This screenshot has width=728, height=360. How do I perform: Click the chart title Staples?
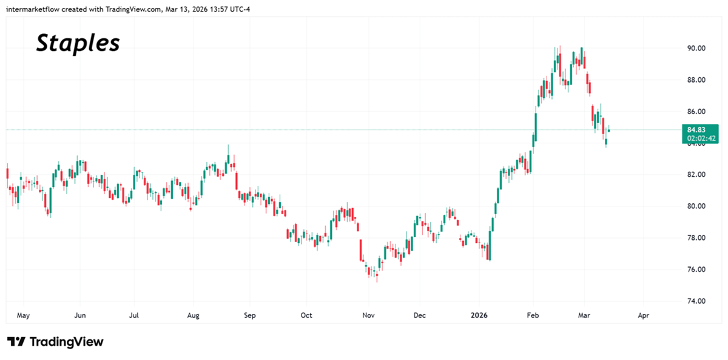78,43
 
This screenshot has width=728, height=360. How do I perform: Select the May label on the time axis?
23,316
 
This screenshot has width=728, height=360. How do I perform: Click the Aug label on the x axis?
193,316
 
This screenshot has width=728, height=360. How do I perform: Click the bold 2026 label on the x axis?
479,316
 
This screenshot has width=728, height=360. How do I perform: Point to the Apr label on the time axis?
644,316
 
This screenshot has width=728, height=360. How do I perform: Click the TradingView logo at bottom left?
55,342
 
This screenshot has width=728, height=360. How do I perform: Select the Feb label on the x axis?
533,316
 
